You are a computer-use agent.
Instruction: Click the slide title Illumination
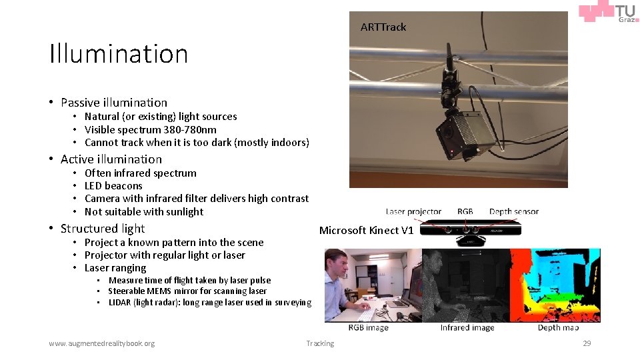[119, 54]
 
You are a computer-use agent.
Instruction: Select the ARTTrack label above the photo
[383, 27]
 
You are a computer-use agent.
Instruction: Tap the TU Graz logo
[608, 13]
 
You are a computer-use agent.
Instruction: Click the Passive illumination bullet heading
[113, 103]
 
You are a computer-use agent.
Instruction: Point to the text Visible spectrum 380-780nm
[150, 130]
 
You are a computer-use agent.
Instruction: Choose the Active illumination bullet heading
[111, 159]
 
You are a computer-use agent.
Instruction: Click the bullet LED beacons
[113, 186]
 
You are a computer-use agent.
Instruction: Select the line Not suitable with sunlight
[143, 212]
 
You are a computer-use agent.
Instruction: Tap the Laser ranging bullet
[115, 268]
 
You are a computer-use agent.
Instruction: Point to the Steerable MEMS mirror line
[187, 291]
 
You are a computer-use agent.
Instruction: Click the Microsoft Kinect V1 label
[366, 231]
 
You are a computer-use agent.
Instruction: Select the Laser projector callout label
[413, 212]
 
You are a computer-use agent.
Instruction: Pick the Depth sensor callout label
[513, 212]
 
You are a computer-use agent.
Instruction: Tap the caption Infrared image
[467, 327]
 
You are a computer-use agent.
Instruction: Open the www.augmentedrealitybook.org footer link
[101, 343]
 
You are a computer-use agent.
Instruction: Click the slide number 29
[587, 343]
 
